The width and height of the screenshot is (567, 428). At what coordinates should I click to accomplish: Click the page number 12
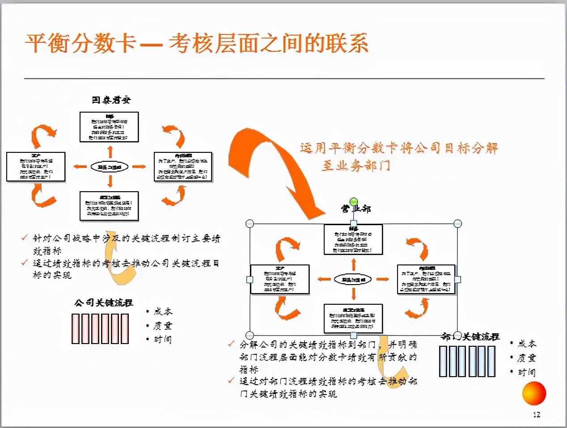tap(537, 415)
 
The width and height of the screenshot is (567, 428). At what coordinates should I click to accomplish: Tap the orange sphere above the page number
tap(534, 393)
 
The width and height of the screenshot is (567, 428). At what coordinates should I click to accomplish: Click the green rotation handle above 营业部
tap(354, 201)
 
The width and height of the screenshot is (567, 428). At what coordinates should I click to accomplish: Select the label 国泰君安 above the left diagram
tap(111, 100)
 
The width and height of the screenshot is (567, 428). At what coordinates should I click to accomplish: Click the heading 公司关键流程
tap(104, 303)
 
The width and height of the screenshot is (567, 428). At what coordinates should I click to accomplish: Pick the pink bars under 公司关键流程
tap(100, 328)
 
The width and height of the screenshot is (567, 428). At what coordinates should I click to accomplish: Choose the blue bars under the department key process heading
tap(467, 361)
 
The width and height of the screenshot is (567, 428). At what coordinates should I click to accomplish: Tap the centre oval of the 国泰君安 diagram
tap(110, 167)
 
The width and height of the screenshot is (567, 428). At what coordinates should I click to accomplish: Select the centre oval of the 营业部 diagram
tap(353, 280)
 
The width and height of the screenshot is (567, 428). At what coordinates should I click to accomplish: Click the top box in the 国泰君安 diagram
tap(109, 127)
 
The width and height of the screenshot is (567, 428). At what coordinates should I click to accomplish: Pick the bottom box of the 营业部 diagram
tap(353, 318)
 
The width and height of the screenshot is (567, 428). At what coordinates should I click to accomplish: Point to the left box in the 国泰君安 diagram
tap(36, 167)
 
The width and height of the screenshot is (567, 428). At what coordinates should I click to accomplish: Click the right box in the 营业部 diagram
tap(426, 279)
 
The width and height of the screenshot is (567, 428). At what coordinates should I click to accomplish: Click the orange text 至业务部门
tap(356, 166)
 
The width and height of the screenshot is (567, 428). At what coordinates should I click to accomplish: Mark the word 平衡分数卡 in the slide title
tap(80, 44)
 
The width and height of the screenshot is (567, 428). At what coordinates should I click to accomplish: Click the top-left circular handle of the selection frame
tap(250, 223)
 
